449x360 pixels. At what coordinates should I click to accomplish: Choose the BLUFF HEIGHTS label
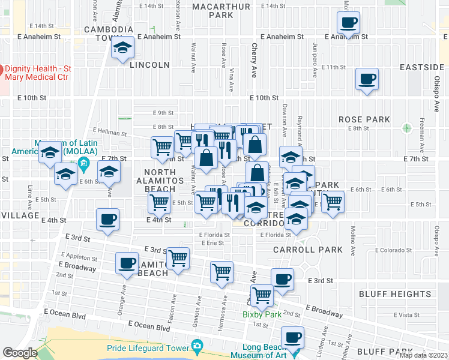(x=395, y=294)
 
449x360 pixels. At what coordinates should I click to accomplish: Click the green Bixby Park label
(x=262, y=314)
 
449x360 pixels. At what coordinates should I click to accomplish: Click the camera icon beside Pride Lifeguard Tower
(x=196, y=346)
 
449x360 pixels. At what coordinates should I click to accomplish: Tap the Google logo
(x=20, y=353)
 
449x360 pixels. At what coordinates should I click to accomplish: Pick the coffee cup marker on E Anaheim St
(x=348, y=23)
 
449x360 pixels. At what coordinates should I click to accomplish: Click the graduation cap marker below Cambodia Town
(x=123, y=47)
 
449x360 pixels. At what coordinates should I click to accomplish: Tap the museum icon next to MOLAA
(x=83, y=164)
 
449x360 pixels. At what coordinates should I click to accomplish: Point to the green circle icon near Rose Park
(x=408, y=128)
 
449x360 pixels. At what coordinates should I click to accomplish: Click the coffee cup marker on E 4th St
(x=107, y=220)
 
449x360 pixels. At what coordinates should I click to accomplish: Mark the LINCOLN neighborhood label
(x=149, y=64)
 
